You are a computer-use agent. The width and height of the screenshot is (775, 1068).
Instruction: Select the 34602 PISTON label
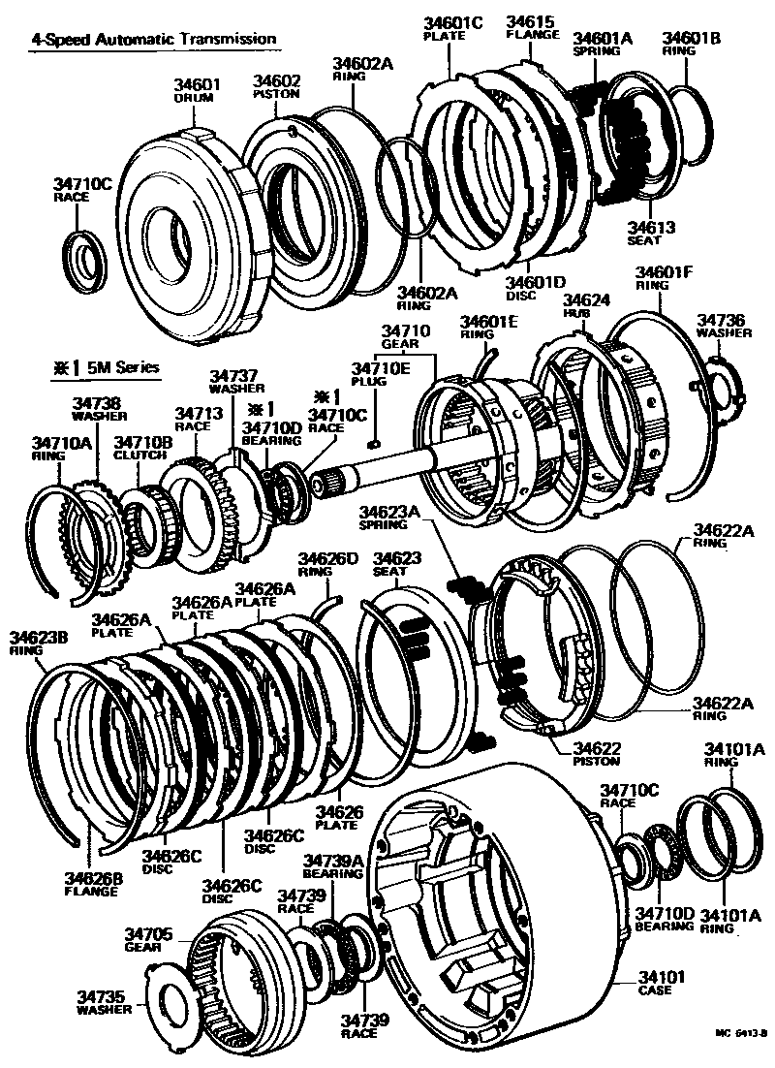point(277,86)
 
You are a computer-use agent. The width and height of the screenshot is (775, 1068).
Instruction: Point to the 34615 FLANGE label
point(532,26)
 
